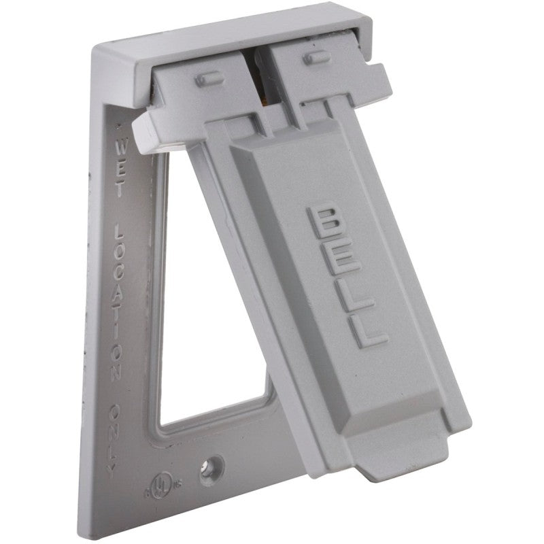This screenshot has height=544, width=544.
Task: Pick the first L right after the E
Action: (x=357, y=296)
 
